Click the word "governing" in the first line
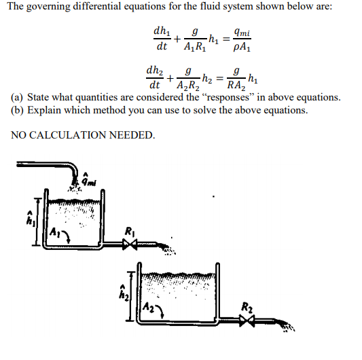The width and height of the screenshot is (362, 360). pos(56,7)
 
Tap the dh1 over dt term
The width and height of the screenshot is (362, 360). pos(162,39)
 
